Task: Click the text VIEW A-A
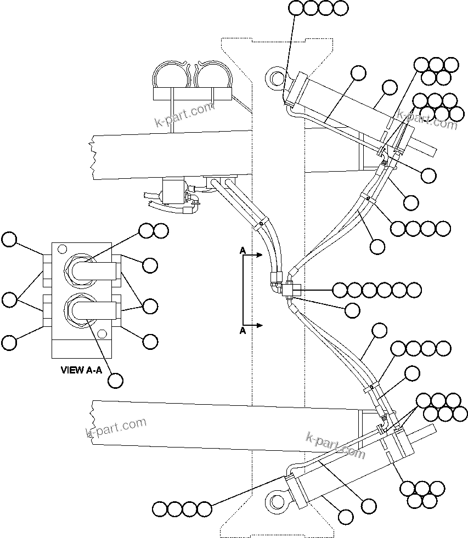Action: [81, 370]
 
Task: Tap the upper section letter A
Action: [242, 251]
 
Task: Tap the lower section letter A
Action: [242, 331]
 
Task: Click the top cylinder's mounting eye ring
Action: [275, 77]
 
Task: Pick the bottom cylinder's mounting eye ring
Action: [275, 501]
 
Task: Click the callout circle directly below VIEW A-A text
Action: [115, 380]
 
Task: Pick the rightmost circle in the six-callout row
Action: [414, 290]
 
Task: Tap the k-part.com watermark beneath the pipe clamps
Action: [183, 113]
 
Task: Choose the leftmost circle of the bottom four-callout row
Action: [160, 509]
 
